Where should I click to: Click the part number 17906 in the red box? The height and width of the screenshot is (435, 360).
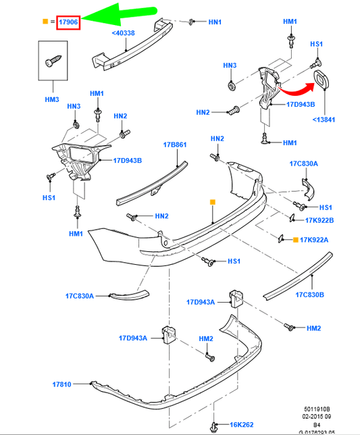click(68, 22)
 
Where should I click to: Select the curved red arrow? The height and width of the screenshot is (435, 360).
click(297, 88)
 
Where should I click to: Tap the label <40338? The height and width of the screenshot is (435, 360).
click(123, 33)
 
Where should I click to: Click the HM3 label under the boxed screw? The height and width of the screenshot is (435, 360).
click(52, 99)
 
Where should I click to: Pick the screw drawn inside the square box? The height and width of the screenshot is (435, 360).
click(53, 61)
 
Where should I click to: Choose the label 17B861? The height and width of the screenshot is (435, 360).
click(175, 145)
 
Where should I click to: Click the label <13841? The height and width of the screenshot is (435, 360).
click(324, 120)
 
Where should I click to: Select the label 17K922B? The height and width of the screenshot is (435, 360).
click(319, 220)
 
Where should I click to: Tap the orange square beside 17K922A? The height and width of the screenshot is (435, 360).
click(296, 240)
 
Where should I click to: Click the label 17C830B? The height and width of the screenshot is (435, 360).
click(310, 295)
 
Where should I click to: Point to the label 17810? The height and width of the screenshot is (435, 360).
click(61, 384)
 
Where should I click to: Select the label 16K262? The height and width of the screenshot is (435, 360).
click(242, 424)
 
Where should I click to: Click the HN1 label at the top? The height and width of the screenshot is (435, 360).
click(215, 22)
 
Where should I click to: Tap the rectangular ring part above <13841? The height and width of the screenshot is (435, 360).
click(322, 79)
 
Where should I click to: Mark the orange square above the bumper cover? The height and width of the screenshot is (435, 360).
click(213, 202)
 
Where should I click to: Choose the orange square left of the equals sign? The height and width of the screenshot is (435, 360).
click(45, 22)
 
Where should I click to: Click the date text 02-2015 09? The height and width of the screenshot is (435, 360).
click(317, 416)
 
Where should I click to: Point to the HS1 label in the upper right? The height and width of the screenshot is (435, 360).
click(317, 44)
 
